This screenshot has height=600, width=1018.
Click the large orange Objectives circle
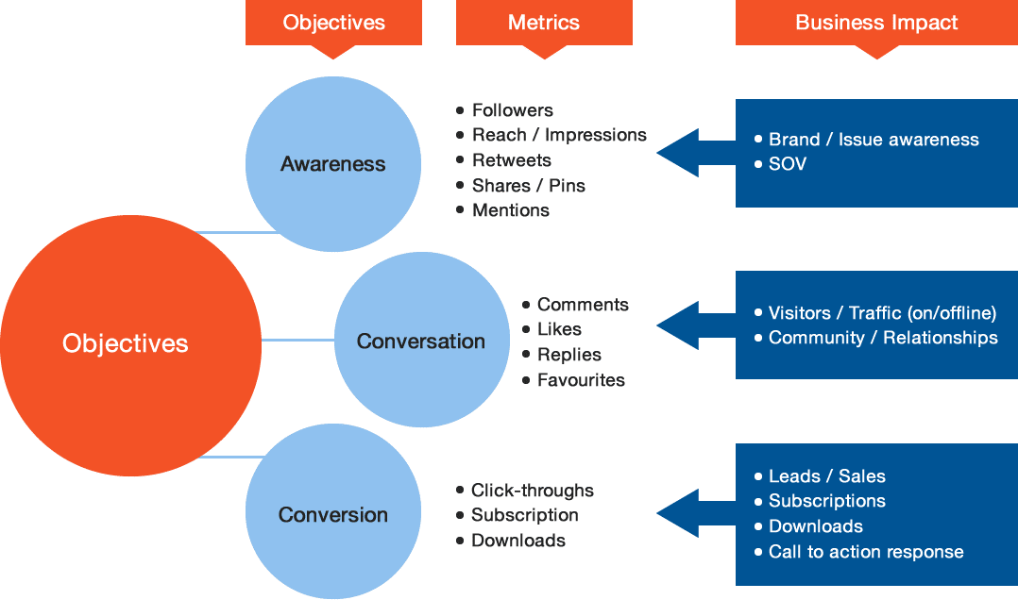pos(126,344)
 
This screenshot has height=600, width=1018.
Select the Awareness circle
pos(332,164)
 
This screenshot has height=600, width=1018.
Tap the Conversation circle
pos(421,342)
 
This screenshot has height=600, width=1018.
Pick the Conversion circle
pos(332,515)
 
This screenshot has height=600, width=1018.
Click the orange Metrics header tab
pos(543,23)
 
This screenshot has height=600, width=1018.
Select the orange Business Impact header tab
pos(876,23)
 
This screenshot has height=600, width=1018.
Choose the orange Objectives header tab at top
pos(333,23)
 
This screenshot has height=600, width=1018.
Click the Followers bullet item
pos(512,110)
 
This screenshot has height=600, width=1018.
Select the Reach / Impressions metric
pos(559,135)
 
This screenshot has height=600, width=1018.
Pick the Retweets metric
pos(511,160)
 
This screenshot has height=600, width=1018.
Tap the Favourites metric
pos(581,380)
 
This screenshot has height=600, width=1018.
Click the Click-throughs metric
pos(533,491)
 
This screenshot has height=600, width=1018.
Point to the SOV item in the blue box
pos(788,164)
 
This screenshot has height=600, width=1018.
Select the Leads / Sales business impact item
pos(826,476)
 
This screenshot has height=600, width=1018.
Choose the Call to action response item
pos(865,552)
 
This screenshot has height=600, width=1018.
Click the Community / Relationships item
pos(882,338)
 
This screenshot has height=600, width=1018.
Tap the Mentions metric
pos(510,210)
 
